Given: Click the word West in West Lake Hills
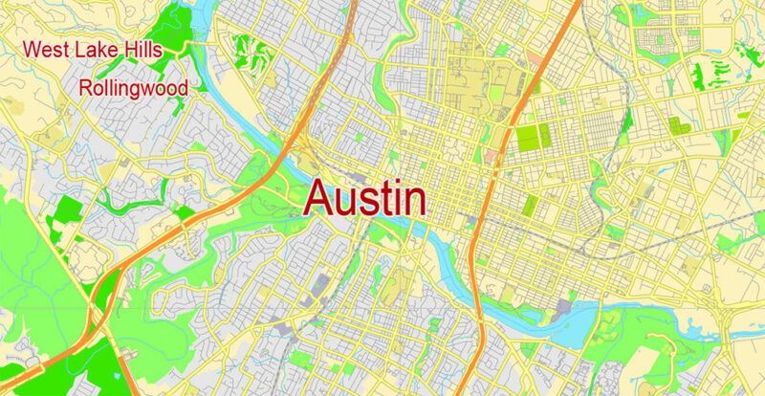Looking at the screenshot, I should [x=46, y=49].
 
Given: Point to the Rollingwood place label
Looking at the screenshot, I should [x=133, y=88].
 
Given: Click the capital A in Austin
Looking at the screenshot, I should [x=322, y=200].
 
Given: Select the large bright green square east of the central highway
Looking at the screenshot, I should [x=528, y=140].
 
